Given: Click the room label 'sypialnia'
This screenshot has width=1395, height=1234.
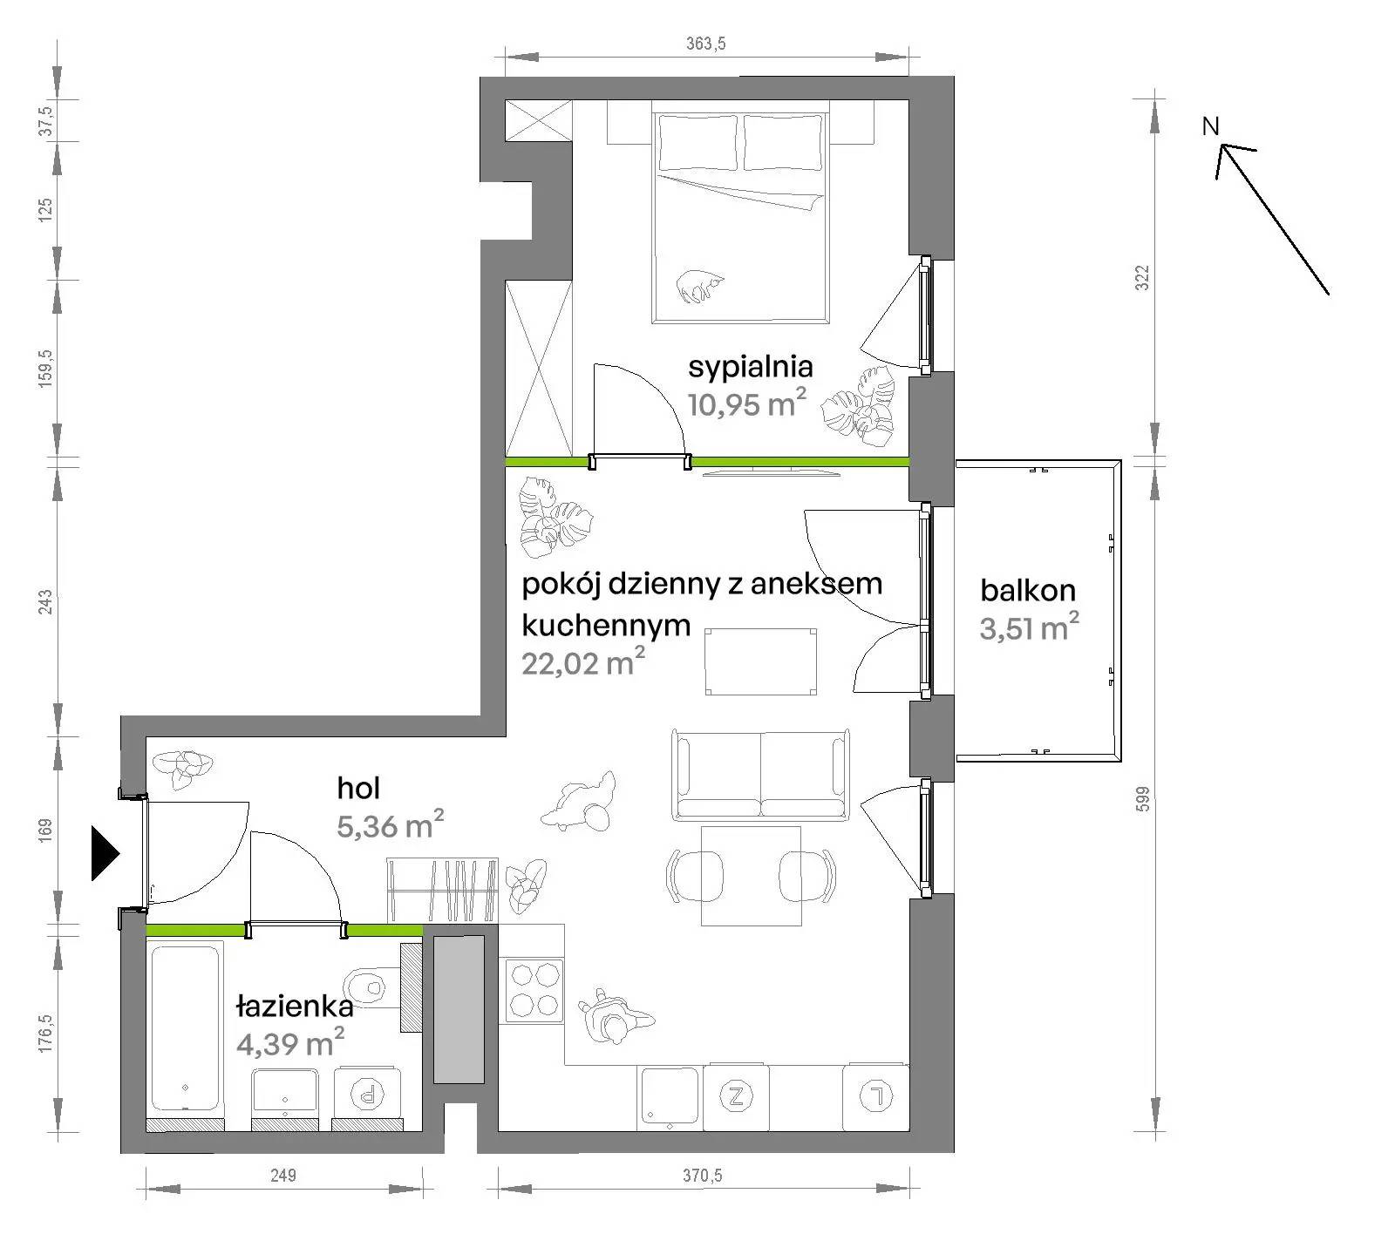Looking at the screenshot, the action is pyautogui.click(x=751, y=368).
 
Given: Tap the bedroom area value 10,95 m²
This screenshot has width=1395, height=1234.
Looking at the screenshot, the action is pyautogui.click(x=747, y=403).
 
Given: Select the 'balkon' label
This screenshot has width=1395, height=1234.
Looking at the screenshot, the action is pyautogui.click(x=1028, y=590).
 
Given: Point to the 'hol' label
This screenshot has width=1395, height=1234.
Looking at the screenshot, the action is pyautogui.click(x=358, y=788).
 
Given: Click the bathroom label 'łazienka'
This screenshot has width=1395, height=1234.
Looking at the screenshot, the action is pyautogui.click(x=295, y=1007).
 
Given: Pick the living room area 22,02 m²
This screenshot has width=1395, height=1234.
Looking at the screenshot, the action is pyautogui.click(x=583, y=663).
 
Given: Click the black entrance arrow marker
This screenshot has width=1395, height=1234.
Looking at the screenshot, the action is pyautogui.click(x=105, y=853).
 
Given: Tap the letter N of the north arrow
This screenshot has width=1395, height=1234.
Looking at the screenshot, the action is pyautogui.click(x=1210, y=126).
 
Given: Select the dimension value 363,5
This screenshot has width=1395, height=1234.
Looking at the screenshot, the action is pyautogui.click(x=705, y=44).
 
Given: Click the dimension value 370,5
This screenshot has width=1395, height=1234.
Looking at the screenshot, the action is pyautogui.click(x=702, y=1176).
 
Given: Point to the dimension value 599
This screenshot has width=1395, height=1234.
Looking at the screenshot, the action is pyautogui.click(x=1143, y=799).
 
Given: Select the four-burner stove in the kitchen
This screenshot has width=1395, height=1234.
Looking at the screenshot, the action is pyautogui.click(x=534, y=989).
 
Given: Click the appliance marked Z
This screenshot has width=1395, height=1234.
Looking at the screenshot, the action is pyautogui.click(x=737, y=1097).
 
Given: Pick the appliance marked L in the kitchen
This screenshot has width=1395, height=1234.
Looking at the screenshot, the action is pyautogui.click(x=876, y=1097).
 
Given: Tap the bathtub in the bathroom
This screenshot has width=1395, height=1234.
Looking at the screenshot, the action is pyautogui.click(x=186, y=1028).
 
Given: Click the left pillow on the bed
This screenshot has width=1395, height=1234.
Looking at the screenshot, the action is pyautogui.click(x=697, y=143).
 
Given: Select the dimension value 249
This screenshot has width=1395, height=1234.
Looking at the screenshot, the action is pyautogui.click(x=283, y=1176).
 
